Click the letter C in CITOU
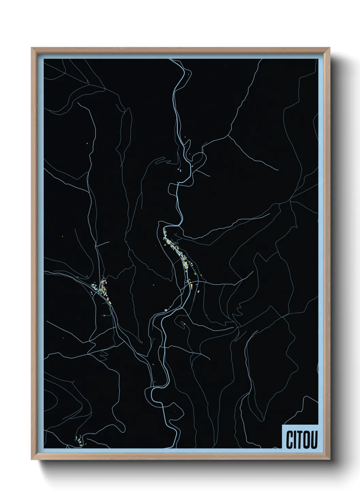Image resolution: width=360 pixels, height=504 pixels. coord(290,440)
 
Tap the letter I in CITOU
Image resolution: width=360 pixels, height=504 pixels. coord(295,440)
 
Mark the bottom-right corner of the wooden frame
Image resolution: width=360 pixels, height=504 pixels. coord(330,460)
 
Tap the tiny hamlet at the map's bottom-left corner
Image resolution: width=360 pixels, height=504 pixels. coord(79,441)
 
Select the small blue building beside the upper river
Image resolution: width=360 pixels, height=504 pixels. coord(181,169)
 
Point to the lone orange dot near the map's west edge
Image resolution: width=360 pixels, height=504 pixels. coord(63,236)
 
